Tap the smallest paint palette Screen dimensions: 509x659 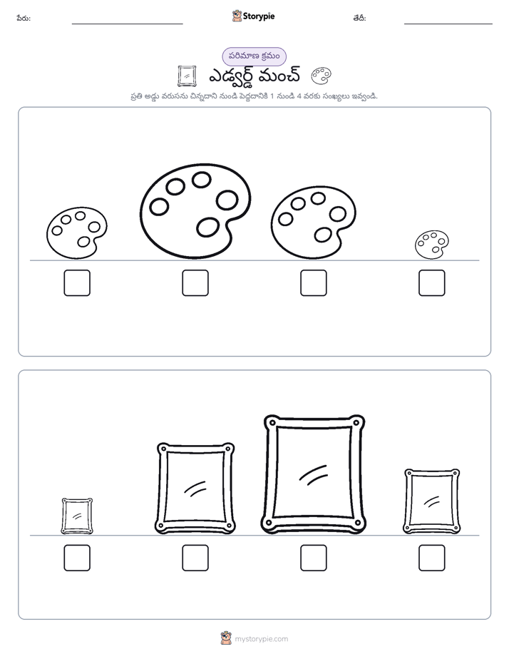tap(431, 244)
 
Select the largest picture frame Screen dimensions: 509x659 tap(313, 474)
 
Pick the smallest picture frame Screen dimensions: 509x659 tap(77, 516)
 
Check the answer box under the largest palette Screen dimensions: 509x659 tap(195, 283)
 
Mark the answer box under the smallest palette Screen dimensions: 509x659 tap(432, 283)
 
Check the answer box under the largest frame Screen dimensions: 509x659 tap(313, 558)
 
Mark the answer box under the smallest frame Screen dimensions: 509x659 tap(77, 558)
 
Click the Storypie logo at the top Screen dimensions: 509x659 tap(253, 16)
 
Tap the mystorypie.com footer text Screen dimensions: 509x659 tap(261, 639)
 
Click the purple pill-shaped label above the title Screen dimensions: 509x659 tap(254, 56)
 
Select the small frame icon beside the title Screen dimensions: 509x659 tap(187, 76)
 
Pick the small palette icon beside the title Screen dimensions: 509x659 tap(322, 76)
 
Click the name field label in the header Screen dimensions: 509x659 tap(24, 18)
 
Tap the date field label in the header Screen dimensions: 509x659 tap(359, 18)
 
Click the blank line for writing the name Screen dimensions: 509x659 tap(127, 24)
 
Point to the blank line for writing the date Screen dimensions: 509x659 tap(448, 24)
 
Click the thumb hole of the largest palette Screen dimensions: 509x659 tap(207, 228)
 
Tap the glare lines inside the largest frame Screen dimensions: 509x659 tap(313, 475)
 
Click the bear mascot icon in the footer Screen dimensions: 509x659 tap(226, 638)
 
